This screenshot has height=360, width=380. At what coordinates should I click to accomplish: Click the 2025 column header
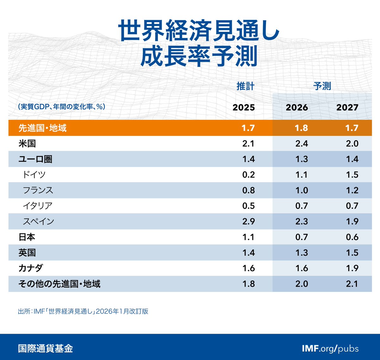(244, 108)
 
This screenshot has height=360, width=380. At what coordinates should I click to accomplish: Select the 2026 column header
(297, 108)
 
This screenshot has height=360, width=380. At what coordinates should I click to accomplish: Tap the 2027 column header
(347, 108)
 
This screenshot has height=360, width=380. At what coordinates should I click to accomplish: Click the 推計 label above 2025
(245, 86)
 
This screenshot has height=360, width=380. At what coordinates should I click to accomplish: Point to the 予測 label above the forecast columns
(322, 86)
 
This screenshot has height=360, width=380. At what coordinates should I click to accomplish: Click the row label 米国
(27, 144)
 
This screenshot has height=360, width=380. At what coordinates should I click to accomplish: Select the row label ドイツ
(34, 175)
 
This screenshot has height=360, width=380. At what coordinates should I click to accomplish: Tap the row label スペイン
(38, 221)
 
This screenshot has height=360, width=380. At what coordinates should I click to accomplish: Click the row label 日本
(27, 237)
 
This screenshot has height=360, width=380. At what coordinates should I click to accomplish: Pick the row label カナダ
(31, 268)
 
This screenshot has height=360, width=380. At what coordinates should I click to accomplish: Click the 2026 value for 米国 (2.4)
(301, 144)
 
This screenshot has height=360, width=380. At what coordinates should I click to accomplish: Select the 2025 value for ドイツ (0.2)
(248, 175)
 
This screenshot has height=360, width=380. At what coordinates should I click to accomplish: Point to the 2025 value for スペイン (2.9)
(248, 221)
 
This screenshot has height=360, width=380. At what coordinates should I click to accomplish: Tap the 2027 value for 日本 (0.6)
(352, 237)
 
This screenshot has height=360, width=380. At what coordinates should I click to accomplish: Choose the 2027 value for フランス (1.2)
(352, 190)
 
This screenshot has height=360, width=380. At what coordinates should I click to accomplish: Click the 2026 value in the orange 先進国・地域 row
(301, 128)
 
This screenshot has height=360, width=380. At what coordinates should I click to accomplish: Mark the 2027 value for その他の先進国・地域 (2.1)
(352, 284)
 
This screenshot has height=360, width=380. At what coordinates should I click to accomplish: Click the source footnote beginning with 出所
(83, 311)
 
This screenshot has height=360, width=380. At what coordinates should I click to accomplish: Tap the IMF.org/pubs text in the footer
(330, 349)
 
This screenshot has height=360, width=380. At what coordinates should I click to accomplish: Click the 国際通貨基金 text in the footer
(46, 349)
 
